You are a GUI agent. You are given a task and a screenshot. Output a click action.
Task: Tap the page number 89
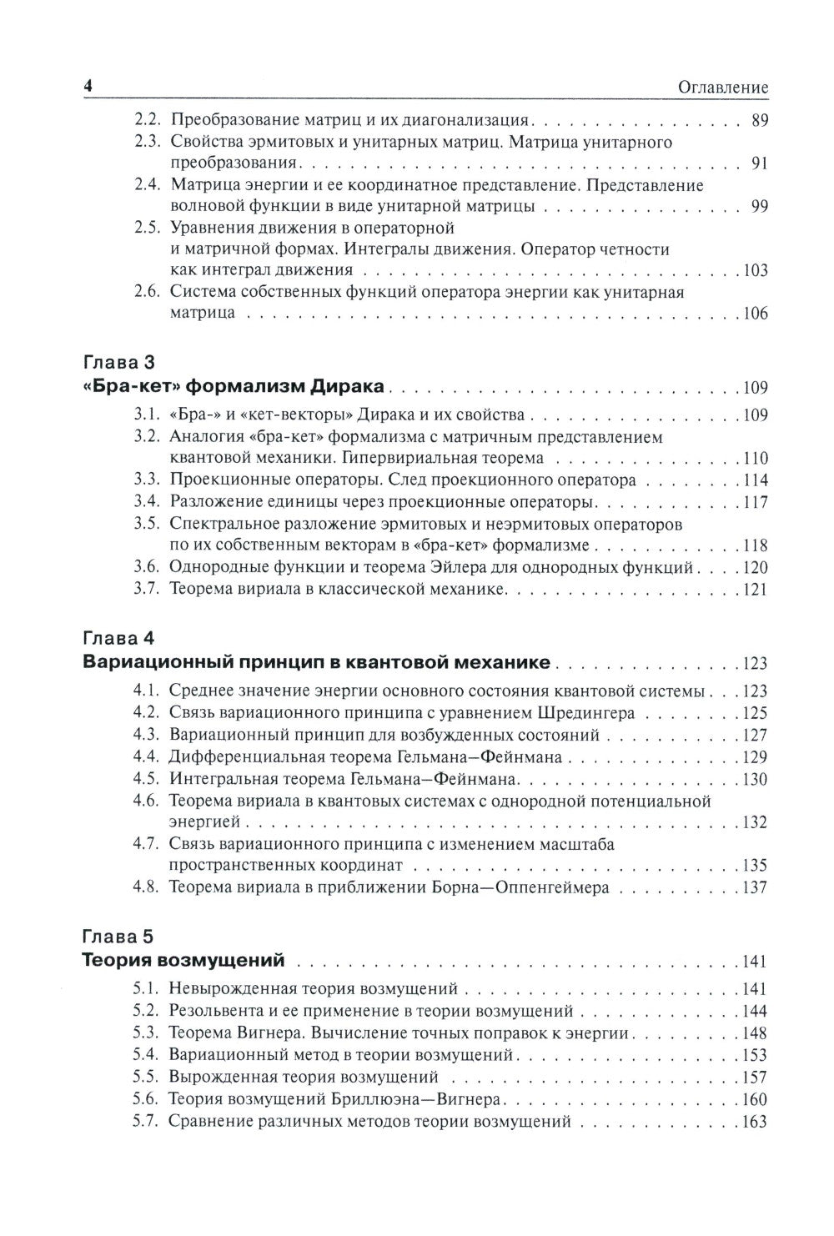tap(758, 120)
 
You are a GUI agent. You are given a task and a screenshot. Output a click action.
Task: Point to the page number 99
tap(758, 206)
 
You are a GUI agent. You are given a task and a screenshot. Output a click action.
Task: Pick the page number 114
tap(754, 480)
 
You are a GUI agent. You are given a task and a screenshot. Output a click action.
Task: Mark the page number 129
tap(754, 757)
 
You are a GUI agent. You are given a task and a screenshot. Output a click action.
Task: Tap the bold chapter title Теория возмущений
tap(184, 961)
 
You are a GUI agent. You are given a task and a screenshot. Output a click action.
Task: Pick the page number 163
tap(754, 1122)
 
